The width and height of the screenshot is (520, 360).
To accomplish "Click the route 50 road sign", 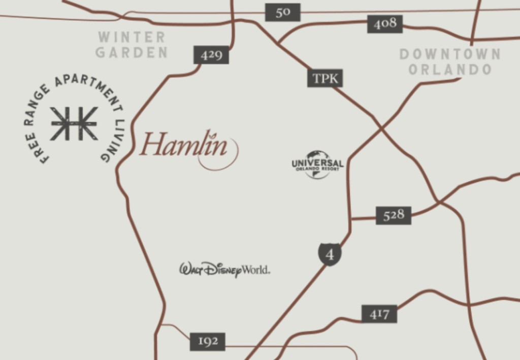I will [283, 12].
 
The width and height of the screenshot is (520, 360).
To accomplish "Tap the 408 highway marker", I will [385, 24].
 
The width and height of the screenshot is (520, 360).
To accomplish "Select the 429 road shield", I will [211, 55].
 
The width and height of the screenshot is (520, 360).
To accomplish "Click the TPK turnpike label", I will [325, 78].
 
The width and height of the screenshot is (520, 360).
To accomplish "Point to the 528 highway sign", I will [394, 215].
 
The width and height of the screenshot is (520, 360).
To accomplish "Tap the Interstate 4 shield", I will [330, 254].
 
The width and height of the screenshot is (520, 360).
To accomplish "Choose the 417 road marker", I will [379, 314].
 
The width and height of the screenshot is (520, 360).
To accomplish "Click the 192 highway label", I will [208, 341].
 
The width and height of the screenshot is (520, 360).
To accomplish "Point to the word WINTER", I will [132, 38].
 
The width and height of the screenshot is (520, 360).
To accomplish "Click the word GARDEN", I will [132, 52].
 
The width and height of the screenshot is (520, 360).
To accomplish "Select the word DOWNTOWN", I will [450, 54].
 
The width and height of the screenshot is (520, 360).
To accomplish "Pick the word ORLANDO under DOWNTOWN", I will [450, 70].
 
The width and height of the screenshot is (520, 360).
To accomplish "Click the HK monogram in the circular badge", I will [74, 123].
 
